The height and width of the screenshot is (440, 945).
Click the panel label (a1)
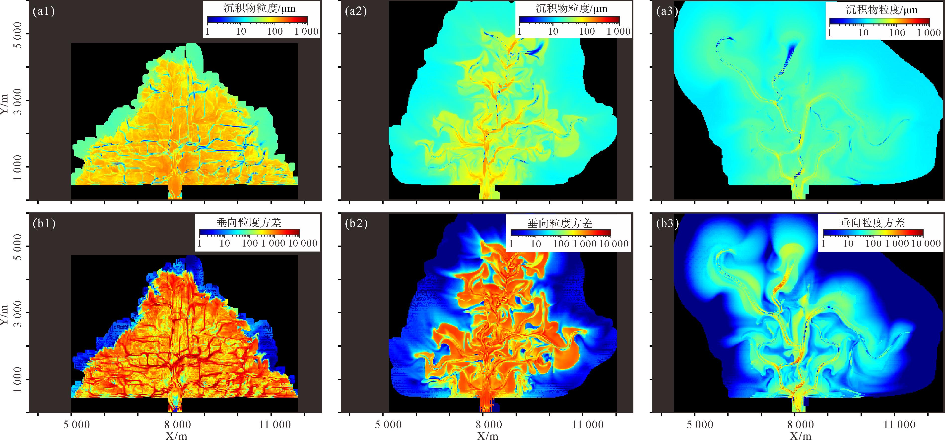[44, 11]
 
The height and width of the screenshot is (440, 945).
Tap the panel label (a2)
[356, 11]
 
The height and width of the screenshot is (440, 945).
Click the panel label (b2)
[356, 223]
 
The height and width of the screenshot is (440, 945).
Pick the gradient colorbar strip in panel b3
[873, 233]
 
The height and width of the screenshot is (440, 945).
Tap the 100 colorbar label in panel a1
[275, 31]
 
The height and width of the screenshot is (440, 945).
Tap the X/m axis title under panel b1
[176, 436]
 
